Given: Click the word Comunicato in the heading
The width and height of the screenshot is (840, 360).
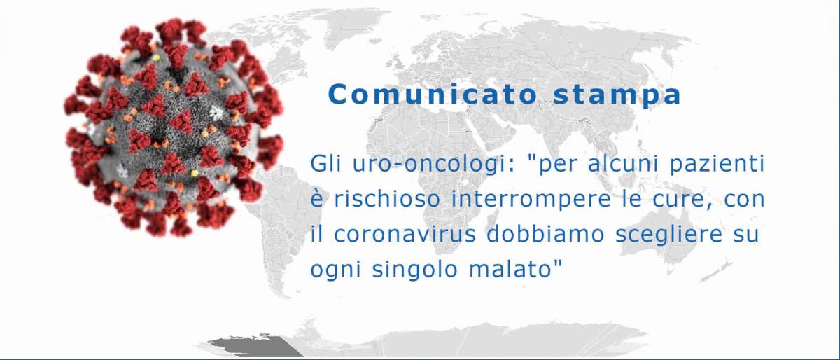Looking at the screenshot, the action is (433, 95).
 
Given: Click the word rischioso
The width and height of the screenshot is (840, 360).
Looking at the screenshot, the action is (386, 199).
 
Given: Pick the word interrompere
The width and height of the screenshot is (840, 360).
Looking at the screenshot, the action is (531, 200).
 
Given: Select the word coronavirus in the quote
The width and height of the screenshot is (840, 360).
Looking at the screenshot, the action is (405, 234).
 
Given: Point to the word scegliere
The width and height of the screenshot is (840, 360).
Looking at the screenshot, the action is (669, 234).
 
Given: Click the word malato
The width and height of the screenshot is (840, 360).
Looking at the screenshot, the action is (510, 269).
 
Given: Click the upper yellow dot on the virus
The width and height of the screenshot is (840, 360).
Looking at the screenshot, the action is (156, 58).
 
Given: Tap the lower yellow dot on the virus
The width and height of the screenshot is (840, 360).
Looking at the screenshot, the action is (195, 173).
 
